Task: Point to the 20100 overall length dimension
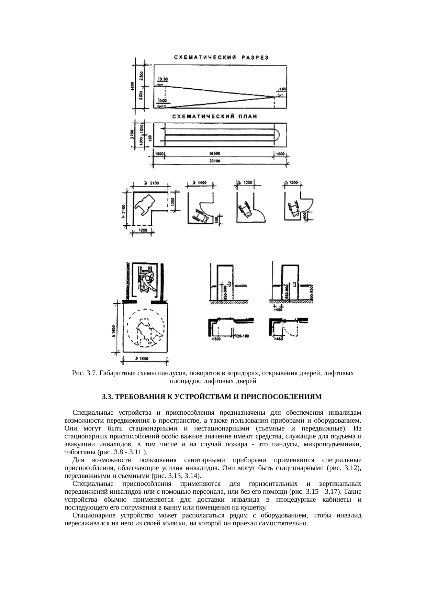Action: pyautogui.click(x=215, y=161)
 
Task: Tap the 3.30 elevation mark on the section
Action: pyautogui.click(x=164, y=79)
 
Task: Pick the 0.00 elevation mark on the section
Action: pyautogui.click(x=162, y=101)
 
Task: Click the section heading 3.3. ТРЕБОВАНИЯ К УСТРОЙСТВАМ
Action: pyautogui.click(x=212, y=397)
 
